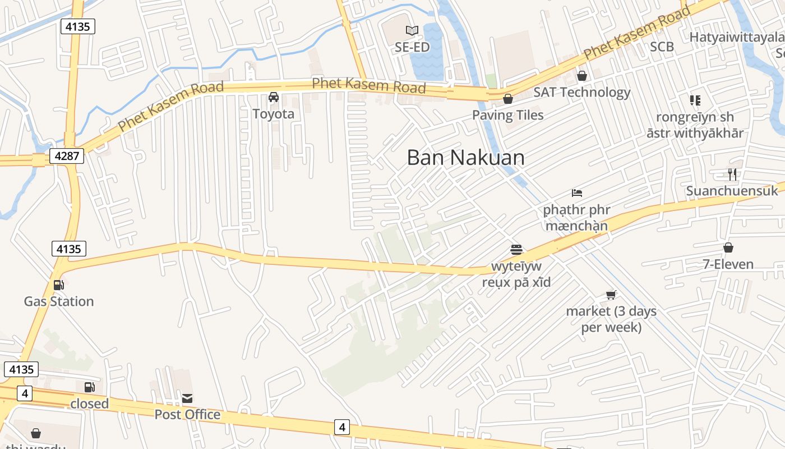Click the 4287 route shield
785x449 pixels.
pos(67,155)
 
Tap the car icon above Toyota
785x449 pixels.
pos(274,97)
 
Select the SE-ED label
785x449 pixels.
pos(412,47)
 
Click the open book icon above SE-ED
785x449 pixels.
pos(412,30)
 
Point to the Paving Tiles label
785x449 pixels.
pos(508,115)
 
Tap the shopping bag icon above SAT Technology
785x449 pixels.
pos(582,75)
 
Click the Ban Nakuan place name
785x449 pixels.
pos(466,158)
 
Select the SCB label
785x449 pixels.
pos(662,47)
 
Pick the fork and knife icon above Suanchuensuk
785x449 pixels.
pos(732,174)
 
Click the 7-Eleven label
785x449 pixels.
pos(728,264)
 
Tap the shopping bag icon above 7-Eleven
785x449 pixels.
pos(728,248)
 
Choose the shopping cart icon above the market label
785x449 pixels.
pos(611,295)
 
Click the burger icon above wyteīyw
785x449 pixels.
pos(516,249)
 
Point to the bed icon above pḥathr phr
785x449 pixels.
pos(577,193)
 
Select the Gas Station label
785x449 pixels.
pos(59,301)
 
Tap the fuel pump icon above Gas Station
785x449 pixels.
pos(59,285)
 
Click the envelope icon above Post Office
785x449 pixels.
pos(187,398)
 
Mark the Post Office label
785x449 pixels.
pos(187,415)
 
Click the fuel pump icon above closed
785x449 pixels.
pos(90,387)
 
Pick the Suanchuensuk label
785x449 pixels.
pos(732,191)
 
